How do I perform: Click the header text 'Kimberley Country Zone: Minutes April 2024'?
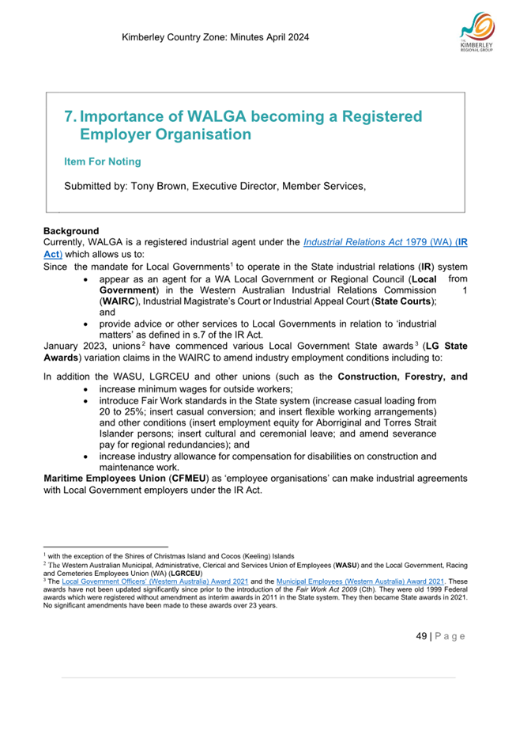pos(216,37)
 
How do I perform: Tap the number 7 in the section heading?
pos(69,117)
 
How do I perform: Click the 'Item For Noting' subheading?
pos(102,161)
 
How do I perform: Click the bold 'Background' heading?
pos(71,230)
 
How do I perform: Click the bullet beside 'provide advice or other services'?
pos(85,325)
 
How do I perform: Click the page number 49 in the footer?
pos(422,636)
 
